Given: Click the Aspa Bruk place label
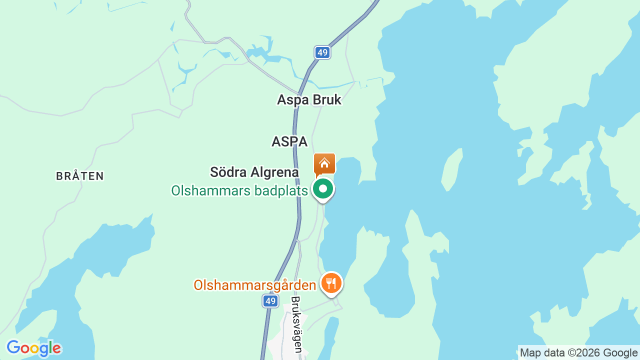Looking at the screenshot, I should [x=309, y=99].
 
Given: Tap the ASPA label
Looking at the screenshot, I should [x=289, y=141].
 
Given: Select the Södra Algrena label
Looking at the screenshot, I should [x=254, y=172].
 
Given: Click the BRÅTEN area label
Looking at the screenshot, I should [x=80, y=176].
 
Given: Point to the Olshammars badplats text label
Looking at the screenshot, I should [x=239, y=190].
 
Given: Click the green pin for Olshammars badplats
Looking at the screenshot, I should [x=323, y=189].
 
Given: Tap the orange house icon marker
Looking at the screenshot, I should [x=324, y=163].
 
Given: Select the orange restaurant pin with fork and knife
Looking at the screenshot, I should [x=330, y=283].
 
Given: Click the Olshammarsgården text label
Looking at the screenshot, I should [x=254, y=285].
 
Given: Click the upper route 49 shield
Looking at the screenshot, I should [x=322, y=52].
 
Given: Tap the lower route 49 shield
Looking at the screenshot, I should [x=270, y=301].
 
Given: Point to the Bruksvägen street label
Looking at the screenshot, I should [x=296, y=324].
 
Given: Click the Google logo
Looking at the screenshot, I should [x=33, y=348].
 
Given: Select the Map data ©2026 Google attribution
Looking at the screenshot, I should [x=578, y=352].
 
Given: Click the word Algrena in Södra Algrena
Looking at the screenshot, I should [x=275, y=172].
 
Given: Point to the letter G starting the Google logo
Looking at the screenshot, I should [x=13, y=347].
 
